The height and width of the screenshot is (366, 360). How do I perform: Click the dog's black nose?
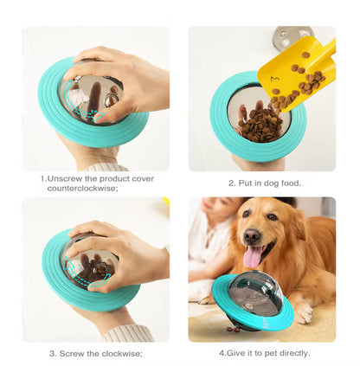click(x=252, y=236)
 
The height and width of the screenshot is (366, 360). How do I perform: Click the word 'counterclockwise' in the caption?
click(x=81, y=189)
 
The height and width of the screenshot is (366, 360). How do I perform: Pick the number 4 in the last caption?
click(x=222, y=353)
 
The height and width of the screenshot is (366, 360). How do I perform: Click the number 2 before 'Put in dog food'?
click(x=231, y=183)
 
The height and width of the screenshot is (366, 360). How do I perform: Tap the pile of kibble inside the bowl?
click(x=260, y=125)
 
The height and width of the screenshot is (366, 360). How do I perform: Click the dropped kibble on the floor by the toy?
click(x=233, y=329)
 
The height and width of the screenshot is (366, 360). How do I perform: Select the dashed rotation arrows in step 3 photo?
click(x=84, y=272)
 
